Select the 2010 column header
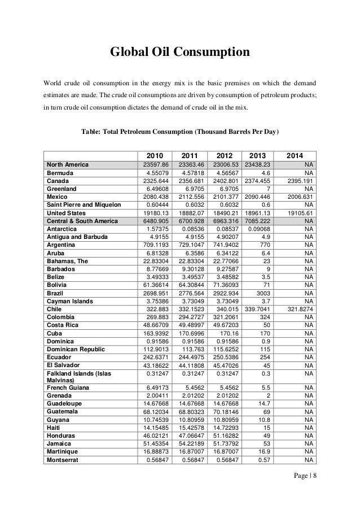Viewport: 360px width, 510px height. [158, 155]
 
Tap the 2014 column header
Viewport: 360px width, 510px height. [294, 155]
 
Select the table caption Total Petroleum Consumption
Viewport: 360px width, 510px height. [179, 131]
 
